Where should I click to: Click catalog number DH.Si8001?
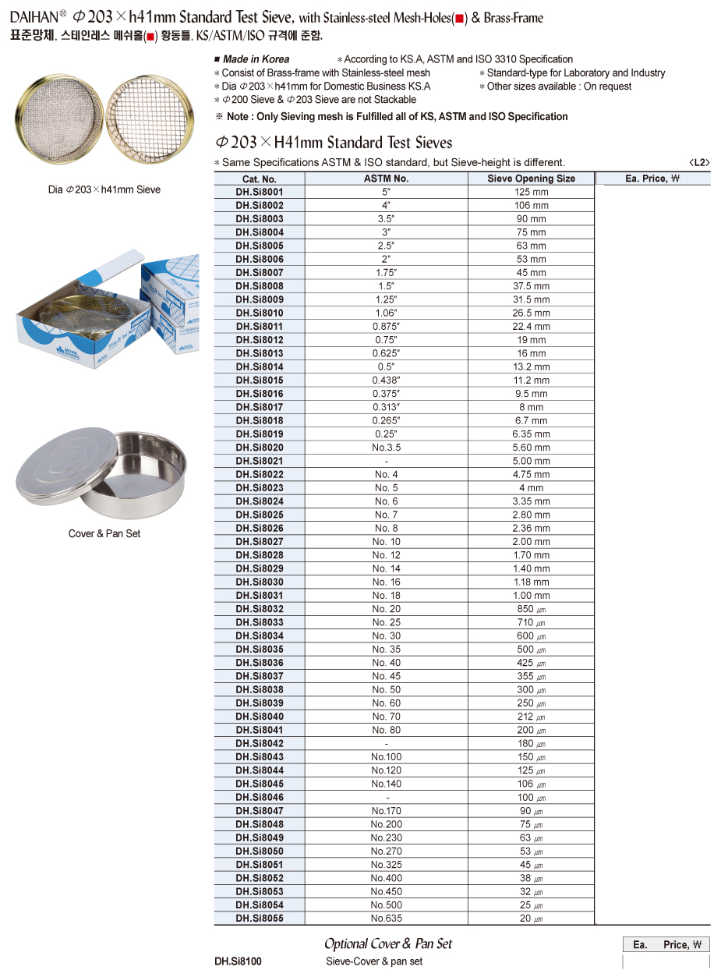tap(260, 192)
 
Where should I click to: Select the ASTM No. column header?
tap(386, 179)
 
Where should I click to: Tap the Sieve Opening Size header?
tap(531, 179)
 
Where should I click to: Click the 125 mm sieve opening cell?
tap(531, 192)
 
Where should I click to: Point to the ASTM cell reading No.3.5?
tap(386, 448)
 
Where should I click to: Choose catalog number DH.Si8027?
tap(260, 542)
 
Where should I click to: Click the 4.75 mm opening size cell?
tap(531, 474)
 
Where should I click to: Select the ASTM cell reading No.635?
tap(386, 919)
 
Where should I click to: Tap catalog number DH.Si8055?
tap(260, 919)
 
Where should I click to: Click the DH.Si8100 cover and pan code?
tap(238, 961)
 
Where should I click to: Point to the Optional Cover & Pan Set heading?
tap(387, 943)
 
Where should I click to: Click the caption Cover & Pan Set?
tap(104, 534)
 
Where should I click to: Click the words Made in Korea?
tap(256, 59)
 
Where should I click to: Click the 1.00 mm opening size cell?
tap(531, 596)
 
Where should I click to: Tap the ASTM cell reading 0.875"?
tap(386, 327)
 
